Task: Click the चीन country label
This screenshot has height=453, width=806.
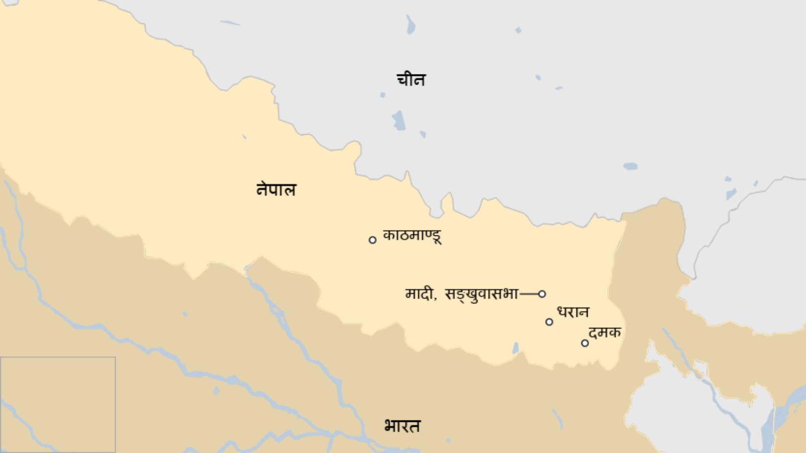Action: coord(411,79)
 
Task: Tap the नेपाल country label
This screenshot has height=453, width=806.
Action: coord(276,190)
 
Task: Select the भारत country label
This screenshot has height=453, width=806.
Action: coord(402,426)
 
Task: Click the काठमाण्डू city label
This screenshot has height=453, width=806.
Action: coord(412,235)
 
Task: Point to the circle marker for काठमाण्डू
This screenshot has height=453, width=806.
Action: coord(372,240)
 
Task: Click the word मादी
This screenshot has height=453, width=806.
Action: coord(419,294)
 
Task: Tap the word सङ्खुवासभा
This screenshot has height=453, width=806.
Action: coord(482,295)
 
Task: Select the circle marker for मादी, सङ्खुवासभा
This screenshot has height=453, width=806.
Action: coord(542,294)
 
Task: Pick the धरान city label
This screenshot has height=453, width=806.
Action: coord(573,312)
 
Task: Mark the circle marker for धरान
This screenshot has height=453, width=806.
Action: coord(549,322)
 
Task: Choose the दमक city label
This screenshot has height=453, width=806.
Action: coord(604,333)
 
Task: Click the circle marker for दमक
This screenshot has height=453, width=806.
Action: coord(585,343)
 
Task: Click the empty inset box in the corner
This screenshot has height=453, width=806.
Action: coord(58,404)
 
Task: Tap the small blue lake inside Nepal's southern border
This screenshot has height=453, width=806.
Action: coord(516,348)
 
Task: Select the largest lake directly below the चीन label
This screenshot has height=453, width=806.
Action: coord(399,120)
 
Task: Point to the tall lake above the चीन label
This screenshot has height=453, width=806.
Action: coord(410,24)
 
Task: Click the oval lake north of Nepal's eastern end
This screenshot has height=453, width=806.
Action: coord(630,166)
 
